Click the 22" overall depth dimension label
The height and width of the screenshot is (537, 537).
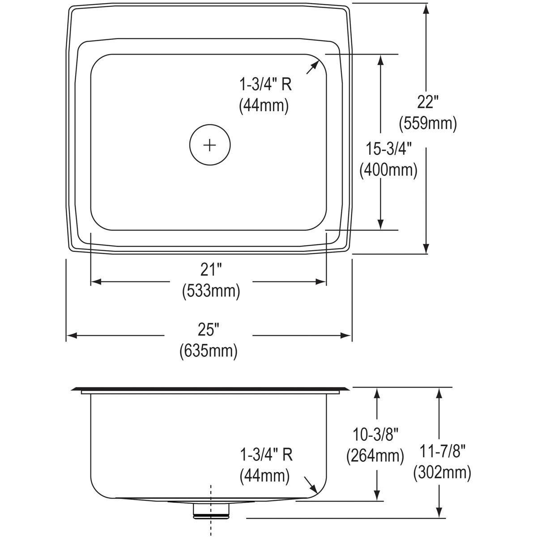tap(426, 102)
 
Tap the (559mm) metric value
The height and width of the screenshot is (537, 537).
tap(427, 123)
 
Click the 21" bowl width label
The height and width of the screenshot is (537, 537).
tap(211, 270)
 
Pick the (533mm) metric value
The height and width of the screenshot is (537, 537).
tap(211, 291)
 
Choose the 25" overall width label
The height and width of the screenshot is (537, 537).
tap(209, 330)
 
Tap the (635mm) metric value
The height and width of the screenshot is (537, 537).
tap(209, 350)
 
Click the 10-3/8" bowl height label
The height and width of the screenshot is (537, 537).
tap(375, 435)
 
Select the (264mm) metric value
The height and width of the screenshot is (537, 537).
tap(375, 456)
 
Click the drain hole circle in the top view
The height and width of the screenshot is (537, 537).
tap(209, 145)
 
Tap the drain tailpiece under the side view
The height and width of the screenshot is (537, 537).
tap(211, 510)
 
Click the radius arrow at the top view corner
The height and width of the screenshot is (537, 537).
tap(312, 67)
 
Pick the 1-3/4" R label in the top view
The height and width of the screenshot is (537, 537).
tap(265, 84)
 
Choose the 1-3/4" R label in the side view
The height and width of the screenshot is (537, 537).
tap(266, 455)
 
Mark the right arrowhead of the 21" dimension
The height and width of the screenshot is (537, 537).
tap(321, 281)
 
